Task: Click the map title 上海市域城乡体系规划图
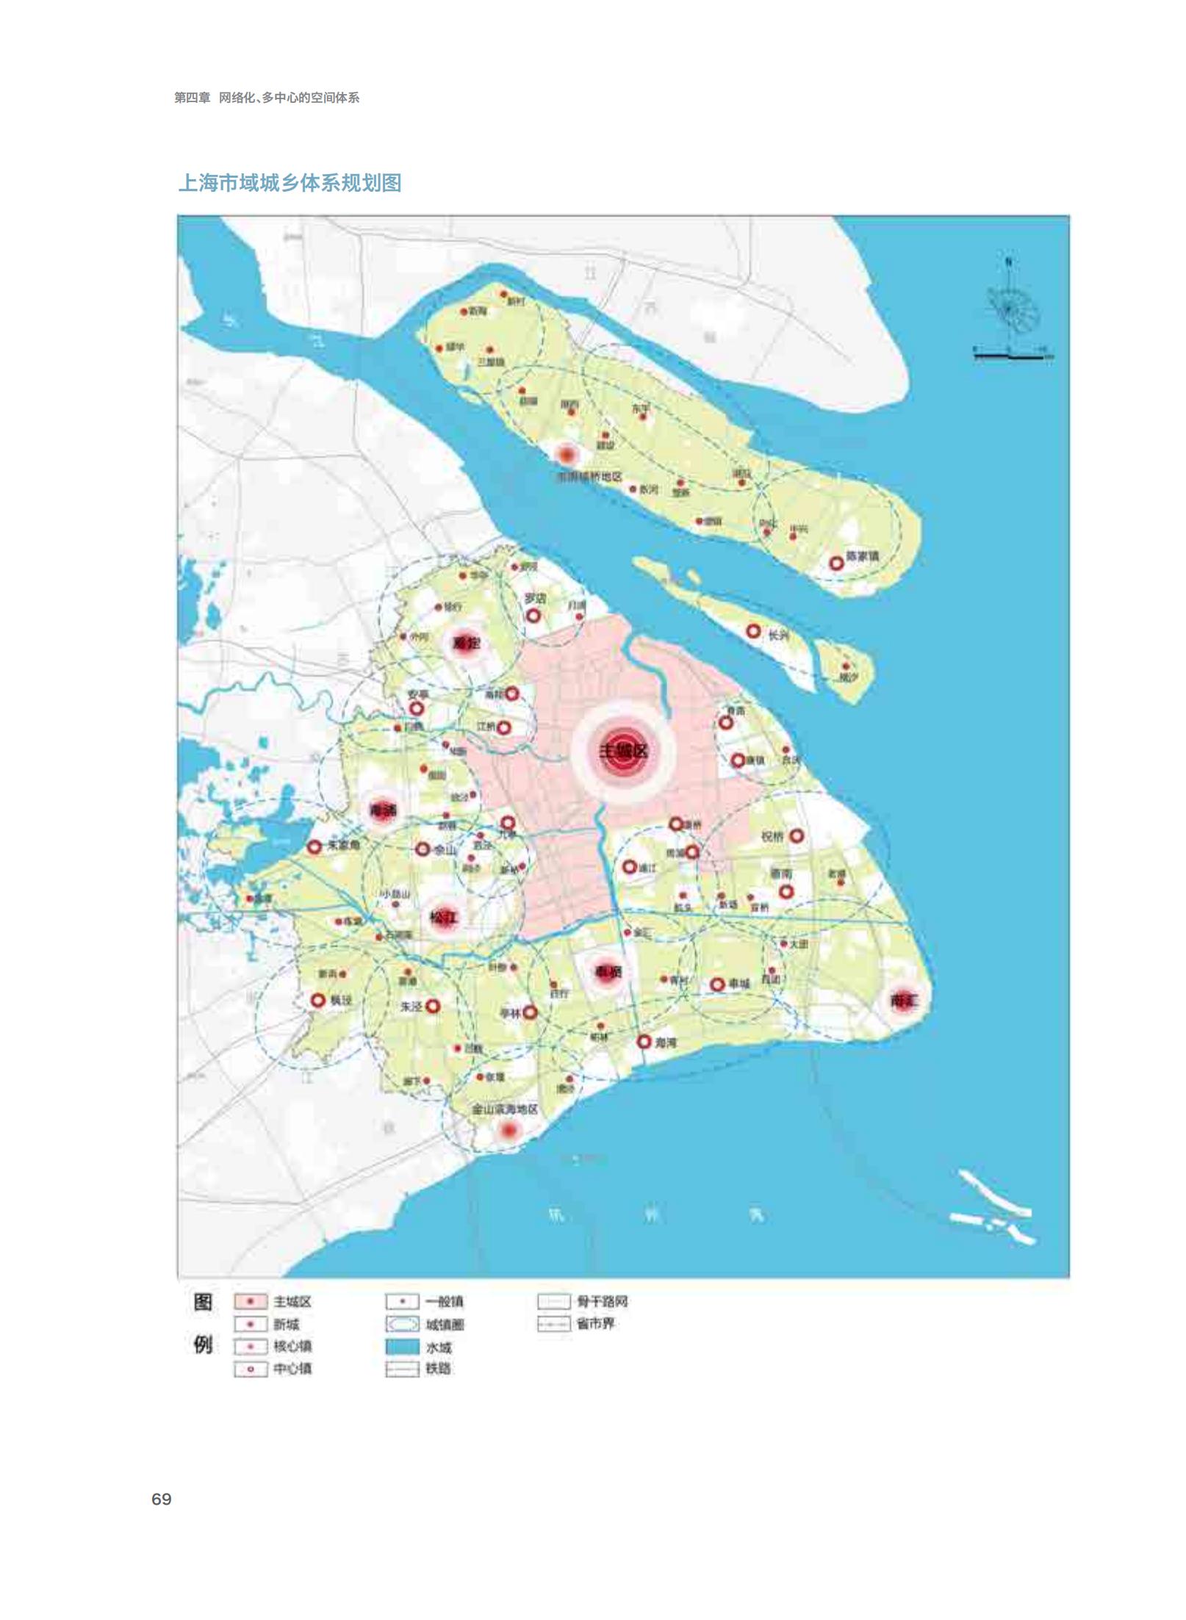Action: click(x=290, y=183)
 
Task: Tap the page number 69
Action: click(x=161, y=1500)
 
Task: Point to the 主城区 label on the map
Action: click(x=624, y=751)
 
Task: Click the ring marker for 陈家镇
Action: click(x=836, y=564)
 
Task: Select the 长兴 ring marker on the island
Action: click(x=753, y=630)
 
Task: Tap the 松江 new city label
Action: click(x=443, y=918)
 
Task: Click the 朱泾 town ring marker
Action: click(x=433, y=1006)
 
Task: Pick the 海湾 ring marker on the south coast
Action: click(x=644, y=1041)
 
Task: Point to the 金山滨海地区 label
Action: click(x=505, y=1109)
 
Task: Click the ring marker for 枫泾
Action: click(x=318, y=1000)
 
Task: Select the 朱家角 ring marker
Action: click(x=315, y=846)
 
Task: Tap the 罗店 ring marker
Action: click(x=533, y=615)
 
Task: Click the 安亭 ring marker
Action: click(x=417, y=708)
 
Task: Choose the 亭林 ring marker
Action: click(x=530, y=1012)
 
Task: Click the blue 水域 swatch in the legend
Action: click(x=402, y=1347)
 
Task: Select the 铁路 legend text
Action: click(x=438, y=1369)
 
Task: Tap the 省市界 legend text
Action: click(x=595, y=1324)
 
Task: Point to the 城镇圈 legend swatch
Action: click(x=402, y=1325)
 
